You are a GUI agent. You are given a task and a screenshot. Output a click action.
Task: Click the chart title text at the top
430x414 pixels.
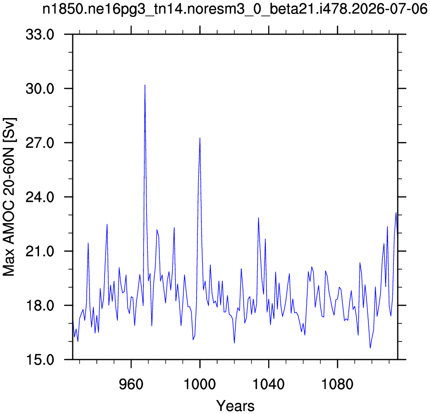click(235, 9)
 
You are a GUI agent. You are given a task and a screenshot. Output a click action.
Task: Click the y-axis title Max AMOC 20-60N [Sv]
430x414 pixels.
click(9, 197)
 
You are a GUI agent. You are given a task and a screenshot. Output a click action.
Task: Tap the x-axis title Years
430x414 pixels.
click(235, 406)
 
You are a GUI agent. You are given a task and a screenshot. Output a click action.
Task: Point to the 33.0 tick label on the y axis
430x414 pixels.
click(40, 35)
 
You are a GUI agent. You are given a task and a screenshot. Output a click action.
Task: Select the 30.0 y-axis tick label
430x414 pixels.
click(40, 89)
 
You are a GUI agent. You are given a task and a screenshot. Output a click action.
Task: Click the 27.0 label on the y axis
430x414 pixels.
click(40, 143)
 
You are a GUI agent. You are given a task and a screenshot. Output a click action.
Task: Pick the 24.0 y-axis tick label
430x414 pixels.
click(40, 197)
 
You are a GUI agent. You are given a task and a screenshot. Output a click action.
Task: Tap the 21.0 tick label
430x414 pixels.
click(40, 251)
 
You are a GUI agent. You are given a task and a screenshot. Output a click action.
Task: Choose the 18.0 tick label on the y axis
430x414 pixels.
click(40, 305)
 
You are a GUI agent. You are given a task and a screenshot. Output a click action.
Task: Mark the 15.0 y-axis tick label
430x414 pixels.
click(40, 360)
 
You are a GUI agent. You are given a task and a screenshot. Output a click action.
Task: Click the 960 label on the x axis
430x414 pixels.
click(131, 384)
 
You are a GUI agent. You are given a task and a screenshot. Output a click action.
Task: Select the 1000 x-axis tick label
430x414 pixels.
click(200, 384)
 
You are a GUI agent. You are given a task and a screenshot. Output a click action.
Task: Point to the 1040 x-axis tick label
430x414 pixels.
click(269, 384)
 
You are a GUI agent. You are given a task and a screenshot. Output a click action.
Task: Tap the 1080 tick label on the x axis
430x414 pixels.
click(338, 384)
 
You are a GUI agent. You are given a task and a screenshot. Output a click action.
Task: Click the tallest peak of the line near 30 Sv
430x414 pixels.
click(145, 85)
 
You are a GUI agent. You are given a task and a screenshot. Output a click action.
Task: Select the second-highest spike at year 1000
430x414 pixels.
click(200, 138)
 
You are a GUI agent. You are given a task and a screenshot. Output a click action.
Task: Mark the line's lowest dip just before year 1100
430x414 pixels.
click(370, 348)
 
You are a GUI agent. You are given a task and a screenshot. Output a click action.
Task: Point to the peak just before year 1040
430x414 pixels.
click(258, 218)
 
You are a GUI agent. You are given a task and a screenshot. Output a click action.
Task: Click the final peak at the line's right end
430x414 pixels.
click(396, 213)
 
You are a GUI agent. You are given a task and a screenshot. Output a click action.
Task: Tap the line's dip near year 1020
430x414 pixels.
click(234, 343)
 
